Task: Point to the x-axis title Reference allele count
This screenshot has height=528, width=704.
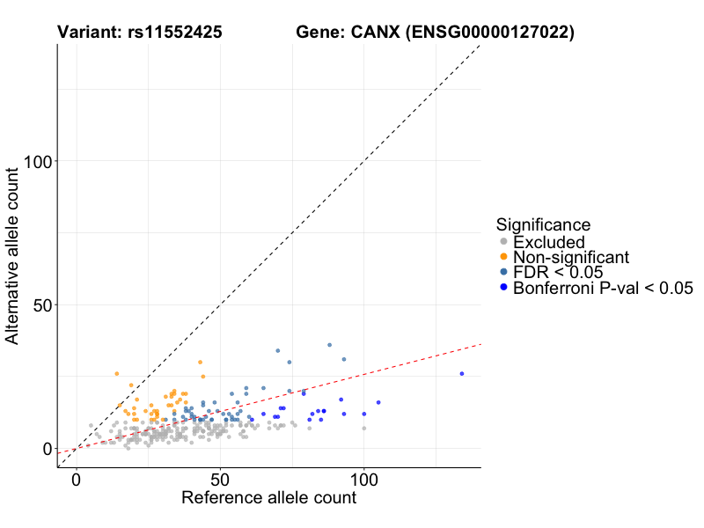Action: [x=268, y=498]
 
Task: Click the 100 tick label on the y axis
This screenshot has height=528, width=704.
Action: [x=38, y=161]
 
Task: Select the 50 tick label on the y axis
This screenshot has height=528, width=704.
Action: [x=42, y=305]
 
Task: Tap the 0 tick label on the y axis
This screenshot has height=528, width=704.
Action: [x=48, y=449]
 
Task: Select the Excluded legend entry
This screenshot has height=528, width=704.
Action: [x=549, y=242]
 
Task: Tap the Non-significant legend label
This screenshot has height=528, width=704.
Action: [x=571, y=257]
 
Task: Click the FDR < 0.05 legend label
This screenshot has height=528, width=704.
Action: [x=556, y=272]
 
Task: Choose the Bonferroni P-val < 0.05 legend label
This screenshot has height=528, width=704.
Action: [x=604, y=288]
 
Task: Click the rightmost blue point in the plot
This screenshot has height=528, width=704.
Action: [x=461, y=373]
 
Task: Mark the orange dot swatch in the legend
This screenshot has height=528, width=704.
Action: [x=503, y=257]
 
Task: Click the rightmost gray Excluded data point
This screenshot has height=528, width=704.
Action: [x=364, y=429]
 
